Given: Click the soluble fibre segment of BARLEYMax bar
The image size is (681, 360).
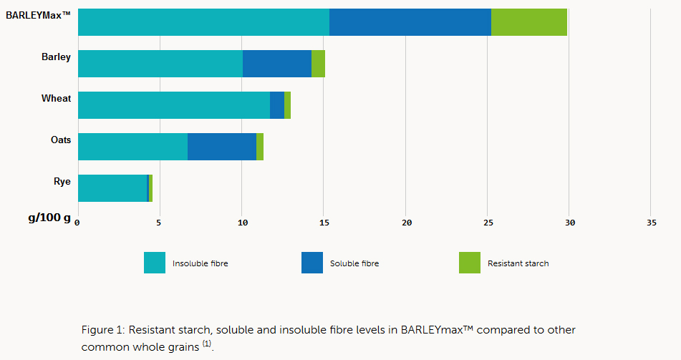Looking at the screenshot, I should tap(410, 21).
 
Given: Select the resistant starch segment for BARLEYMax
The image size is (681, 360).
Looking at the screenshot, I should tap(529, 21).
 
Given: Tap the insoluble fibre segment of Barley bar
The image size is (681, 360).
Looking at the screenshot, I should tap(160, 64).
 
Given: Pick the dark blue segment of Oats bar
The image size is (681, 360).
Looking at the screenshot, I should tap(222, 147).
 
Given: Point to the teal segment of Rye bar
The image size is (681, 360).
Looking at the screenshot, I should tap(112, 188).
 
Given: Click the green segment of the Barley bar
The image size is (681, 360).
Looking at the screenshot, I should tap(318, 64).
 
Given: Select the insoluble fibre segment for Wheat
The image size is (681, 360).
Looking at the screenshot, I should tap(173, 105).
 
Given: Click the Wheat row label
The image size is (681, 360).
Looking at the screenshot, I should tap(56, 98).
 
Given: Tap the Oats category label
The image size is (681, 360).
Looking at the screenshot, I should tap(60, 140).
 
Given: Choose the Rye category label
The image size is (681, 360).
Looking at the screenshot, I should tap(62, 181).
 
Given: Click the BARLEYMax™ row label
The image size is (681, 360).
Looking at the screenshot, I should tap(38, 14).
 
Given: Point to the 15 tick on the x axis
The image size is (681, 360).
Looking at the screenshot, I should tap(324, 223).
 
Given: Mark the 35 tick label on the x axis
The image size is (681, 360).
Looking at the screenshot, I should tap(651, 223).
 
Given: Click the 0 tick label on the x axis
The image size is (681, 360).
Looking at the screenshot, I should tap(77, 223).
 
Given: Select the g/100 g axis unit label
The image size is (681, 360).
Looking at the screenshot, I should tap(49, 218).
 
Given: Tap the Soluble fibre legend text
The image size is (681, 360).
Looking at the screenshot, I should tap(354, 263).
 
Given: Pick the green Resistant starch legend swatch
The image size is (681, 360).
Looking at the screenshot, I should tap(470, 263).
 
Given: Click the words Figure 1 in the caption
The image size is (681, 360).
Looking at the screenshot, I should tap(104, 330).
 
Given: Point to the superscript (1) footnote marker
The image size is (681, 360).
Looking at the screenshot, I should tap(206, 344).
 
